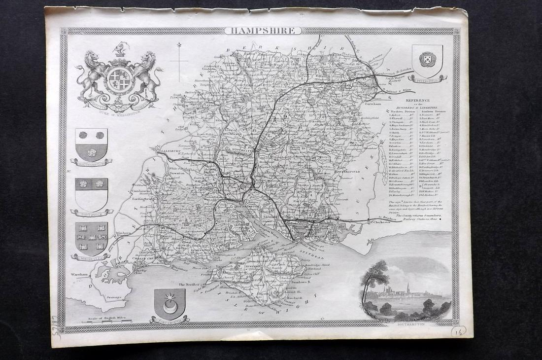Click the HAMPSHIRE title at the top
click(x=263, y=31)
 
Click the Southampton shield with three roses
click(x=91, y=144)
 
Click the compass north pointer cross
click(x=179, y=61)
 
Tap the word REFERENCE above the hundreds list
click(x=418, y=100)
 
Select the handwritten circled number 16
click(x=458, y=331)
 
